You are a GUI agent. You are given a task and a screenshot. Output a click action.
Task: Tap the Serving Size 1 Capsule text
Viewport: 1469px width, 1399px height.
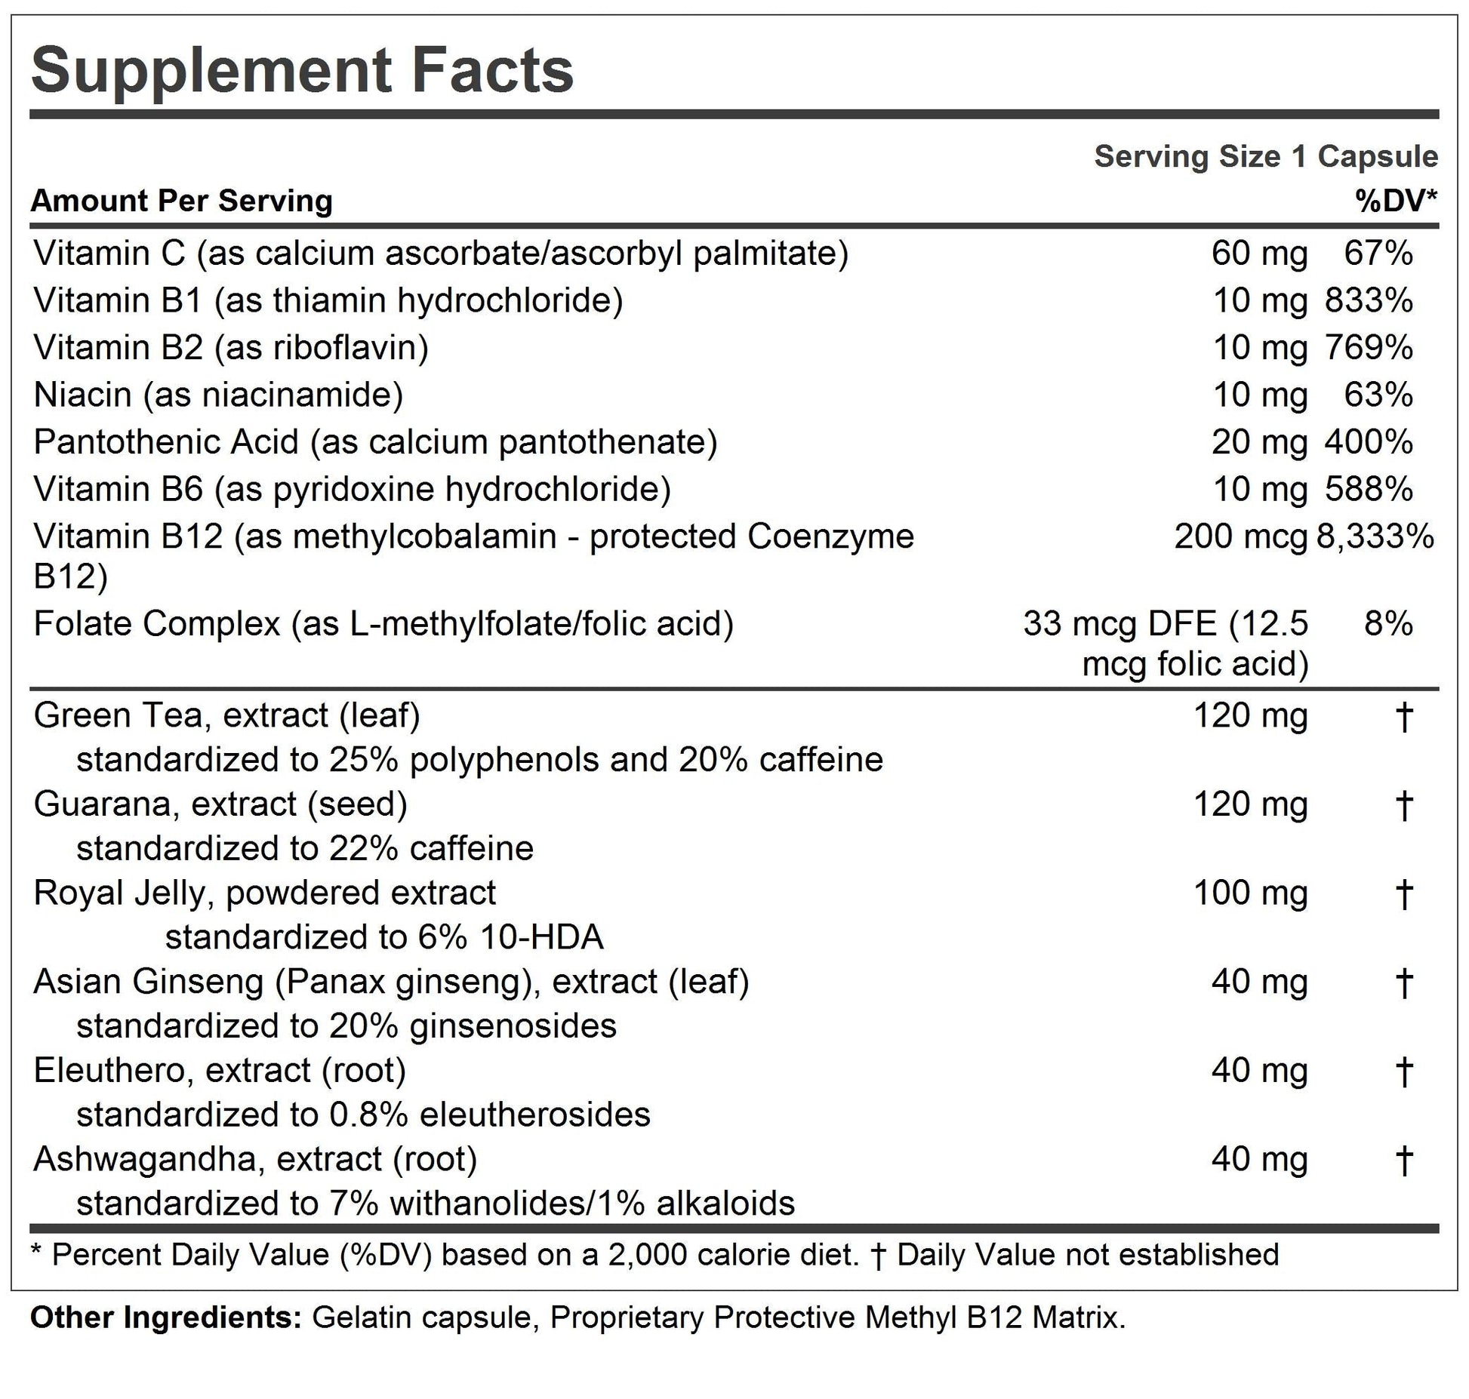(x=1265, y=157)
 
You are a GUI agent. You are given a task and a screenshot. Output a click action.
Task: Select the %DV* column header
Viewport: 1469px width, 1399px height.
(x=1396, y=201)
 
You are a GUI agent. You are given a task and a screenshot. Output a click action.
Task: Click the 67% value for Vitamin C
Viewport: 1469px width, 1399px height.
(x=1378, y=254)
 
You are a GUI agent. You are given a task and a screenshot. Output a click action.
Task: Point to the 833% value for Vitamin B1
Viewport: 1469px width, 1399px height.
(x=1369, y=300)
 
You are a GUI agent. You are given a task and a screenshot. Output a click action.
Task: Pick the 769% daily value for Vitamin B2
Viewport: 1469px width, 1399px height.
(x=1369, y=348)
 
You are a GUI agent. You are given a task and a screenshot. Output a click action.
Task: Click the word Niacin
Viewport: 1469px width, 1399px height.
(x=82, y=395)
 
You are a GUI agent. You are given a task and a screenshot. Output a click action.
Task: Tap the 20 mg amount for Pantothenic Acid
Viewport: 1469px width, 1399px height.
(x=1259, y=442)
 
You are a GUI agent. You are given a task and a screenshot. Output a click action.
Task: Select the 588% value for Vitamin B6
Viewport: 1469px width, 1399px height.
(x=1369, y=489)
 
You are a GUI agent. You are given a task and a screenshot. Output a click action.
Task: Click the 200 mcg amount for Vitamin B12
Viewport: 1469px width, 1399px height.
(x=1240, y=537)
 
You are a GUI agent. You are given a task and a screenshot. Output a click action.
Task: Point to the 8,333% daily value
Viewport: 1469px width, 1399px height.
(x=1375, y=537)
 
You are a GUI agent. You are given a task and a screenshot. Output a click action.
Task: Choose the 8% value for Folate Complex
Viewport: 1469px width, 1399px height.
(x=1388, y=624)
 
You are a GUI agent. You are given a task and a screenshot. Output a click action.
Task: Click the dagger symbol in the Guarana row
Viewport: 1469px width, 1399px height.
(x=1403, y=805)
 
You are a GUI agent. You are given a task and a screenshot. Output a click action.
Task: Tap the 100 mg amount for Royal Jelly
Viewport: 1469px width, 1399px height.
(x=1250, y=893)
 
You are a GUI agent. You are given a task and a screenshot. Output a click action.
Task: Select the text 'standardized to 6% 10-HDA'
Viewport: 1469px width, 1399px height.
(x=384, y=937)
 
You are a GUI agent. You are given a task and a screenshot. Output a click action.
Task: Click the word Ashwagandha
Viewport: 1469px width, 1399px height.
(x=144, y=1159)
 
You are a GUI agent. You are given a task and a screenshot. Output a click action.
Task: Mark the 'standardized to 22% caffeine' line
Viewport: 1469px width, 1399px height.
(x=305, y=849)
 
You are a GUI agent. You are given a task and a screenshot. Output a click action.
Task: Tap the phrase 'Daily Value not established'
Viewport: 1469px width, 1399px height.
(x=1088, y=1255)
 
